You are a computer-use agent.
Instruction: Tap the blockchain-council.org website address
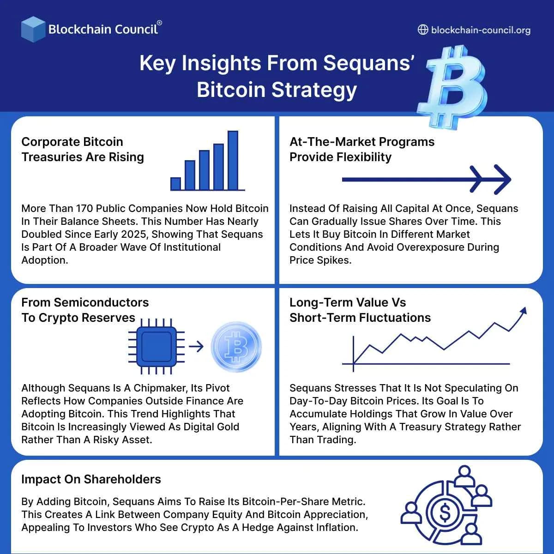click(x=480, y=30)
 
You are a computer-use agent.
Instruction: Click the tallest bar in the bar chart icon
click(x=233, y=160)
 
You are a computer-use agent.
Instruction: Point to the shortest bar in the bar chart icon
click(x=175, y=184)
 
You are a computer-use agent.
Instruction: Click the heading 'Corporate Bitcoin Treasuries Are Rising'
click(x=83, y=149)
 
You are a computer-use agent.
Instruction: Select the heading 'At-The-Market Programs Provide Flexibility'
click(x=362, y=149)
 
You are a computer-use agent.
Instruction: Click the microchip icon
click(x=157, y=346)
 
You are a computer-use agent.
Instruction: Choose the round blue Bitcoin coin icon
click(x=236, y=347)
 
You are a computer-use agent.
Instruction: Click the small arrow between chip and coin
click(x=196, y=346)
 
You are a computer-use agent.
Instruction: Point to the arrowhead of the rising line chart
click(x=523, y=311)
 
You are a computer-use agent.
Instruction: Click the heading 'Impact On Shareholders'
click(x=91, y=479)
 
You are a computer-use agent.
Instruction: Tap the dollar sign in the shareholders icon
click(x=445, y=512)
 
